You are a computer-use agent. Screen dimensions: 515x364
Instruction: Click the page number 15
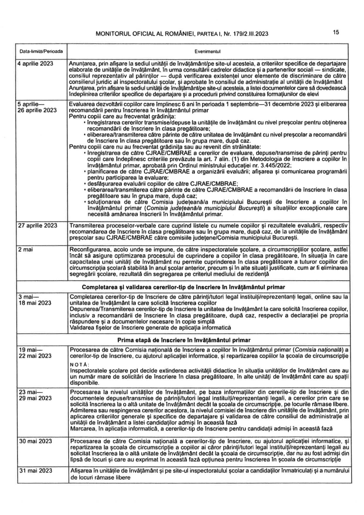336,32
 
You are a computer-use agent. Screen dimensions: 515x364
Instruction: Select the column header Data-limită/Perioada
41,52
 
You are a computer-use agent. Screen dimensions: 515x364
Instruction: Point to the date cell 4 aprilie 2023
36,63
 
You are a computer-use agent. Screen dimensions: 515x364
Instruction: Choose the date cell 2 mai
26,250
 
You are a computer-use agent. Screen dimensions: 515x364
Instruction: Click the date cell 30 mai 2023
35,441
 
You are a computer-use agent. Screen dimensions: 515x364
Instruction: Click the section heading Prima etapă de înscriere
184,340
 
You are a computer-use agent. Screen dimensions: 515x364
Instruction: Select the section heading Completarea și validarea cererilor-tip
183,287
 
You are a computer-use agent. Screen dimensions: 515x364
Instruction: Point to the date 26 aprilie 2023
37,110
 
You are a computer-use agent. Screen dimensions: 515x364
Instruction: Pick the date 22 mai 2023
35,356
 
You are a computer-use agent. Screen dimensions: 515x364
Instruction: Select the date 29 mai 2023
35,398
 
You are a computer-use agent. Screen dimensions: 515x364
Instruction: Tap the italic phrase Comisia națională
318,349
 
